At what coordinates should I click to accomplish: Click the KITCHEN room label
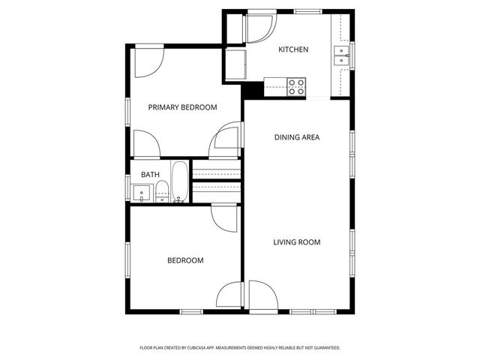[293, 49]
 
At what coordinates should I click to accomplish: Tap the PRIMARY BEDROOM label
[182, 107]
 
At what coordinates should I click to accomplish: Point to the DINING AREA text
[297, 137]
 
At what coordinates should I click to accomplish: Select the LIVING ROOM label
[296, 242]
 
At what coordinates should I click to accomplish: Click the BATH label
[150, 175]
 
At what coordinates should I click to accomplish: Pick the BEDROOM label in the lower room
[185, 260]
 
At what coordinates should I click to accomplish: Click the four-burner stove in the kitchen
[297, 86]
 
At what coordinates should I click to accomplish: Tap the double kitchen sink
[342, 55]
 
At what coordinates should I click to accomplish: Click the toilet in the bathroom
[161, 193]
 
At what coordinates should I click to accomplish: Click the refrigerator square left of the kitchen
[235, 64]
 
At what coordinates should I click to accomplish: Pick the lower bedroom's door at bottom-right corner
[231, 295]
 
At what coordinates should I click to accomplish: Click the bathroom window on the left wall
[127, 187]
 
